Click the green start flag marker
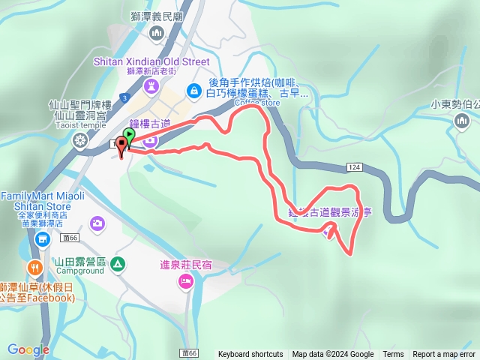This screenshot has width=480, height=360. click(x=129, y=136)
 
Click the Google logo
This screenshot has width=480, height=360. click(x=28, y=349)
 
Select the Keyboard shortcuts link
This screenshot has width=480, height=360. click(x=250, y=355)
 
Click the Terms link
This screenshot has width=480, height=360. click(x=393, y=355)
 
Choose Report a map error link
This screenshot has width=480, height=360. click(x=445, y=355)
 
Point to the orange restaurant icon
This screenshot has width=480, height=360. click(x=34, y=268)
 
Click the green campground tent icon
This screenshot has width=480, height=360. click(x=117, y=263)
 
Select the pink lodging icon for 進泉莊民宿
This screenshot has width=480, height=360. click(x=185, y=282)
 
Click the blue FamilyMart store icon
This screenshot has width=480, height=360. click(x=42, y=238)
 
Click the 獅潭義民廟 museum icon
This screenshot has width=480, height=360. click(x=157, y=32)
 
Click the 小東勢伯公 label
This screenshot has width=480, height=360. click(x=454, y=106)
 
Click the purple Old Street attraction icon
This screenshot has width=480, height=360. click(x=151, y=85)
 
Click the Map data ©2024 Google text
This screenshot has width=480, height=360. click(x=333, y=355)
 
